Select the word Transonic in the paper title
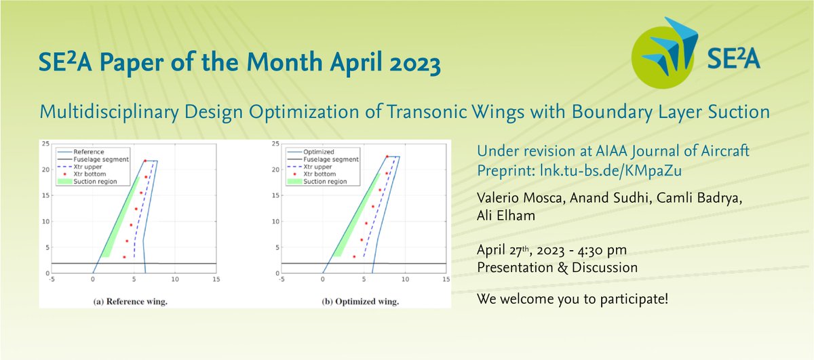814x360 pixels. pyautogui.click(x=426, y=111)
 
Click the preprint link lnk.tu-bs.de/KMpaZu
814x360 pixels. pyautogui.click(x=610, y=170)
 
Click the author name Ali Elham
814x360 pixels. pyautogui.click(x=506, y=216)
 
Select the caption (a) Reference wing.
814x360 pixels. pyautogui.click(x=130, y=302)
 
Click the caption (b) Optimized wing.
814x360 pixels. pyautogui.click(x=360, y=302)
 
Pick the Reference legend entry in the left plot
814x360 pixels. pyautogui.click(x=81, y=152)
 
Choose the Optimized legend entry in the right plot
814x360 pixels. pyautogui.click(x=311, y=152)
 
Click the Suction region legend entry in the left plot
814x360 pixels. pyautogui.click(x=88, y=181)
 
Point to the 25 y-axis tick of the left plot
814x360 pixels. pyautogui.click(x=45, y=144)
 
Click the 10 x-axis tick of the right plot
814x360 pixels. pyautogui.click(x=405, y=279)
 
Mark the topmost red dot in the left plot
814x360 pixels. pyautogui.click(x=145, y=161)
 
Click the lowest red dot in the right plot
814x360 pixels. pyautogui.click(x=354, y=256)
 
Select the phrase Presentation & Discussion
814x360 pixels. pyautogui.click(x=558, y=268)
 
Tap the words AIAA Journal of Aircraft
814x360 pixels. pyautogui.click(x=672, y=151)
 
